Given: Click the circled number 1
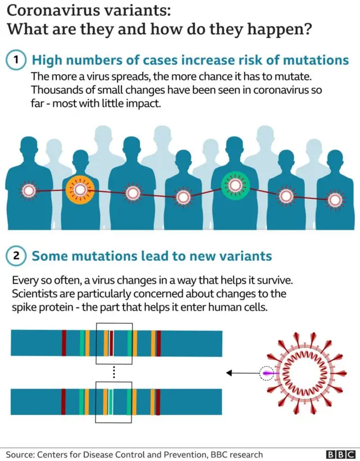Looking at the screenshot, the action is pos(16,60).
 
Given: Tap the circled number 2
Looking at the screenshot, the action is pos(16,256).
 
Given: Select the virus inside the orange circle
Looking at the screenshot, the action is pos(80,190).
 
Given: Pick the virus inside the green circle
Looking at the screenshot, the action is pos(235,185).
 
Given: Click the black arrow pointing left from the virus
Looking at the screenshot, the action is pos(243,373).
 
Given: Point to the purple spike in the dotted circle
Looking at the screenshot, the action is pos(268,373).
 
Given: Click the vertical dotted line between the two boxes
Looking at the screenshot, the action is pos(114,373).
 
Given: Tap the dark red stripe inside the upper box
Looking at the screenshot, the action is pos(111,343).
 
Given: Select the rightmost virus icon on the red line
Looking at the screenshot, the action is pos(335,200).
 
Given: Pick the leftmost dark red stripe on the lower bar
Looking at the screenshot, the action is pos(64,401).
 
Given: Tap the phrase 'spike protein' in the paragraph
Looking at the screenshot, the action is pos(42,308).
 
